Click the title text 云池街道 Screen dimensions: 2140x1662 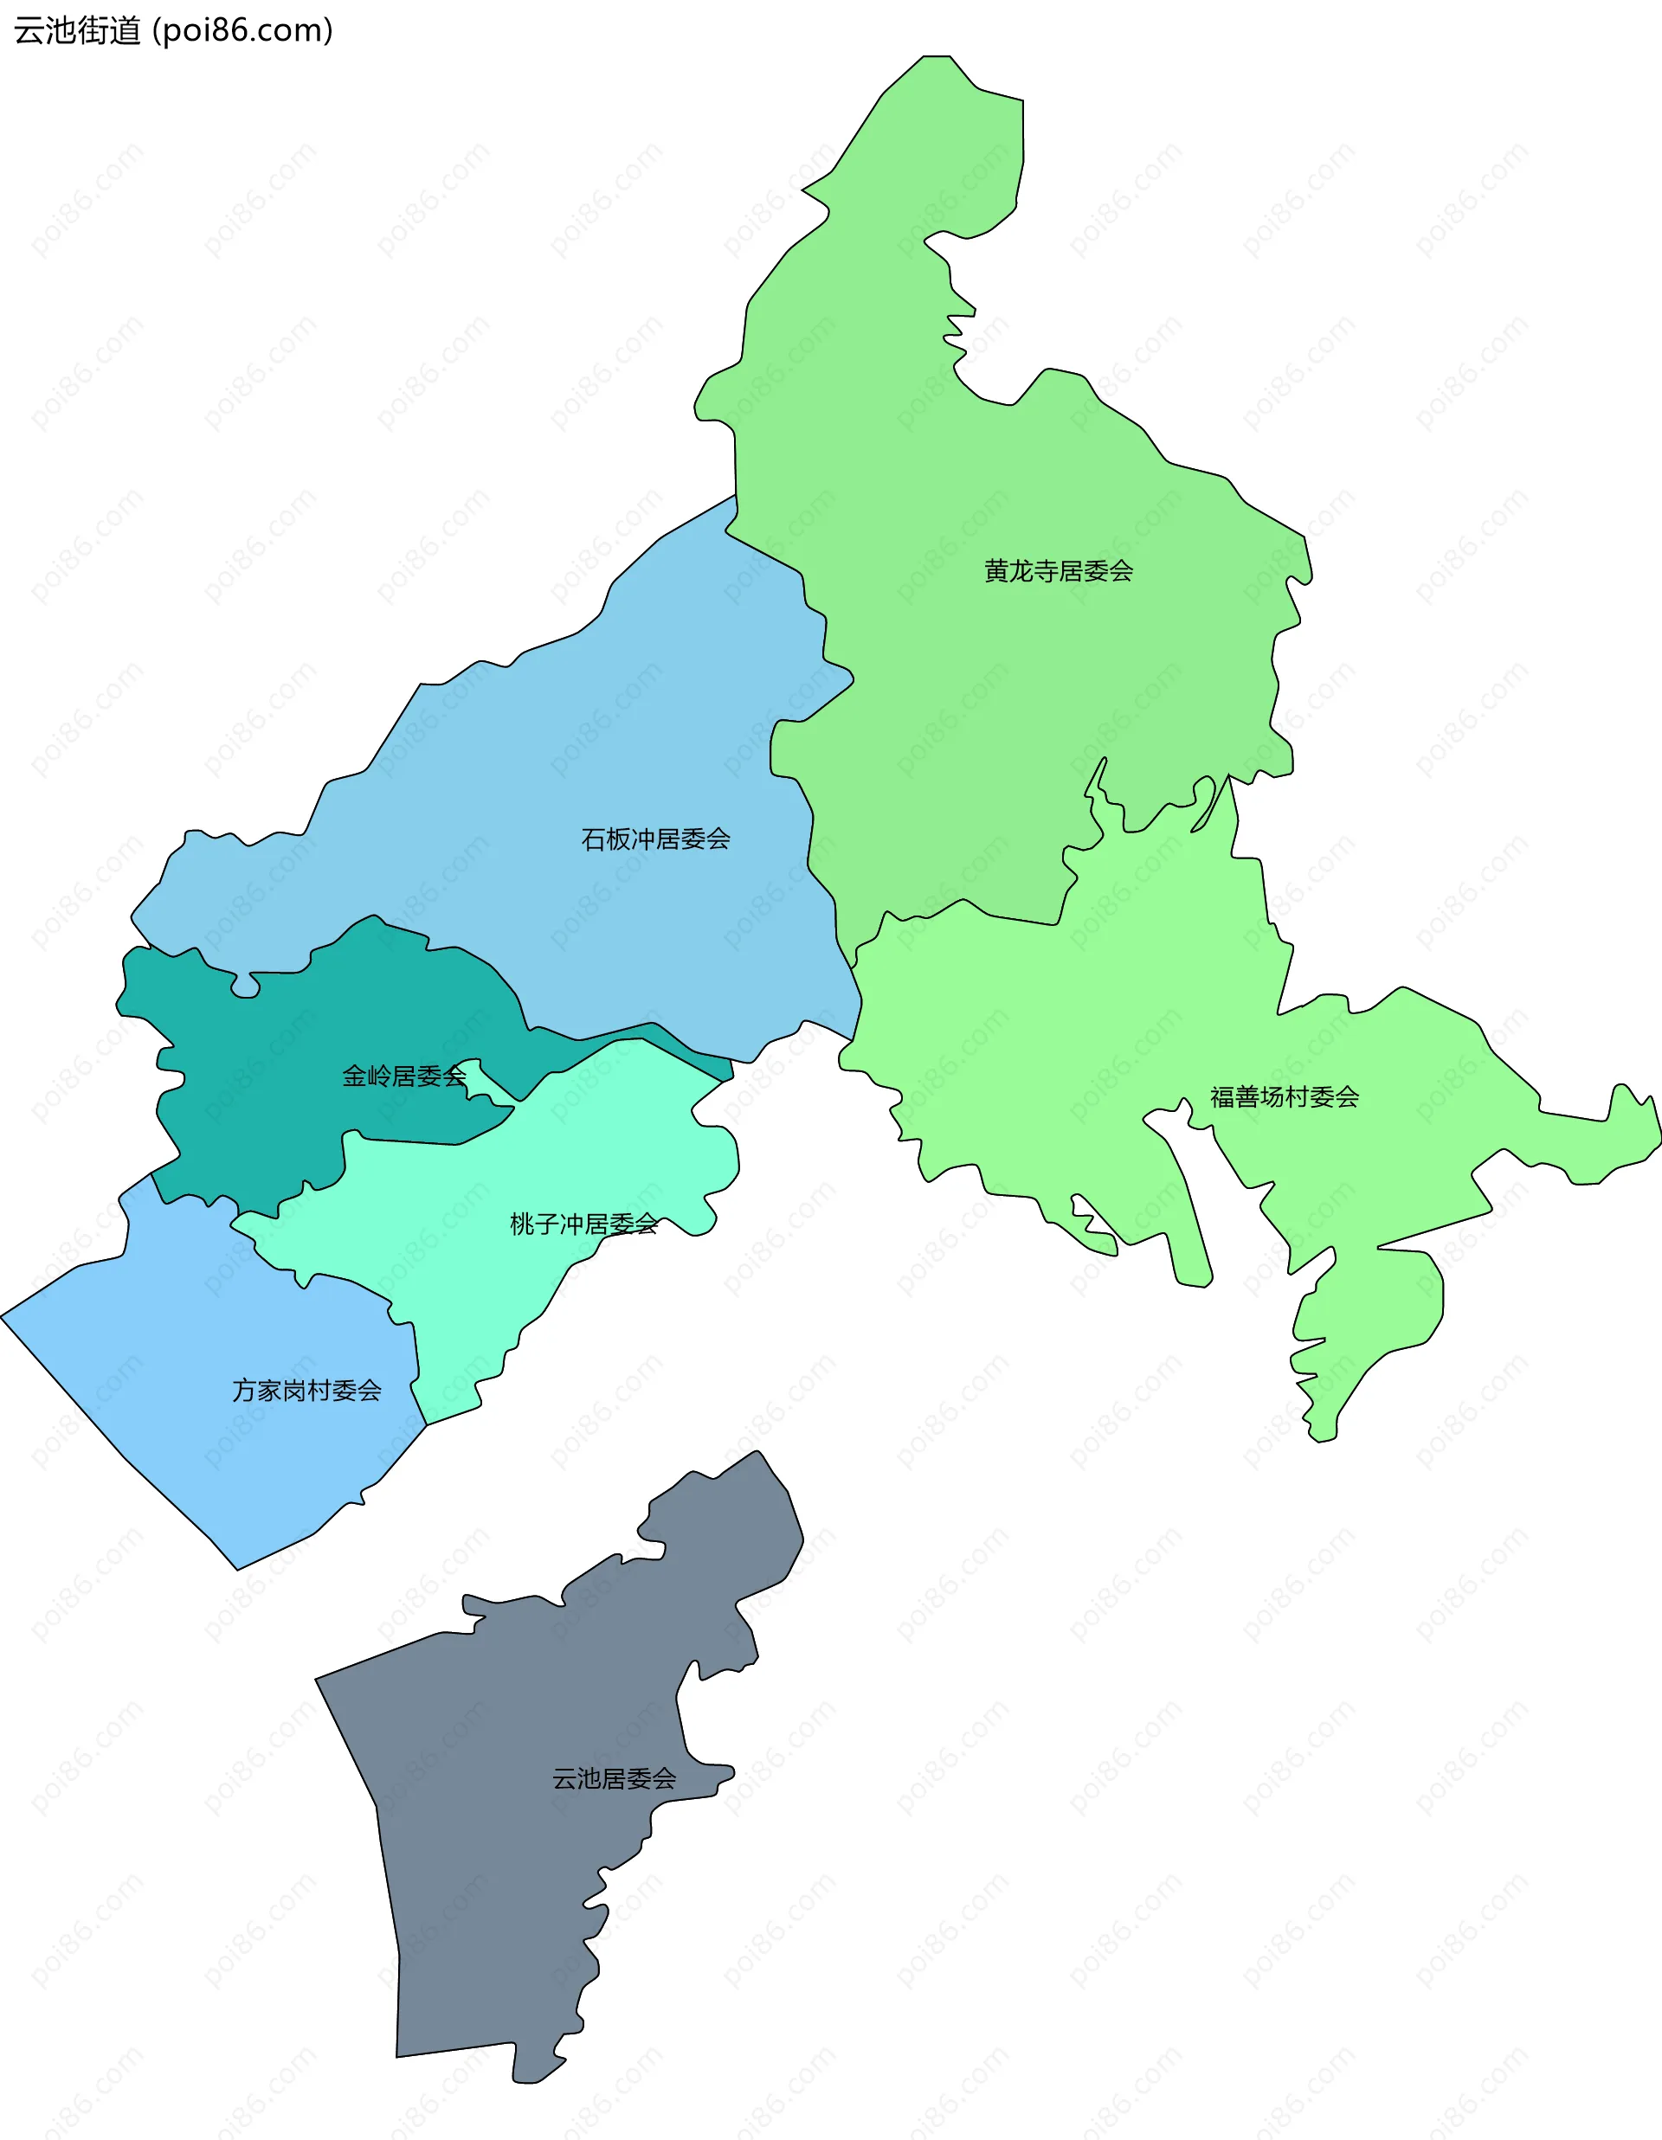point(77,30)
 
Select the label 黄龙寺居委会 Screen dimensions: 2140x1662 point(1059,571)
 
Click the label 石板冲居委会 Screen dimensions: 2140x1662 point(655,839)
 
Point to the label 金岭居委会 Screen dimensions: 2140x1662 point(403,1076)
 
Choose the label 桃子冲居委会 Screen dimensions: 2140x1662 point(583,1224)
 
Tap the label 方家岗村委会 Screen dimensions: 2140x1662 point(306,1391)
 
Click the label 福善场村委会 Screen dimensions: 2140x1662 point(1285,1097)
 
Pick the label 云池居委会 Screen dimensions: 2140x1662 point(615,1778)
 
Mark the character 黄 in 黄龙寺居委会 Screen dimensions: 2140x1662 point(996,571)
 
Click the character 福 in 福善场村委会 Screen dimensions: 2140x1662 point(1222,1097)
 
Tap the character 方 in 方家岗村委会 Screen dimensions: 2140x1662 point(244,1391)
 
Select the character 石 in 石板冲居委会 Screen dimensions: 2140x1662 point(594,839)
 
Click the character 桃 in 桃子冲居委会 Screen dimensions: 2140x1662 point(522,1224)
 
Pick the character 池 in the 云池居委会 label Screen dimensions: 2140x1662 point(589,1778)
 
